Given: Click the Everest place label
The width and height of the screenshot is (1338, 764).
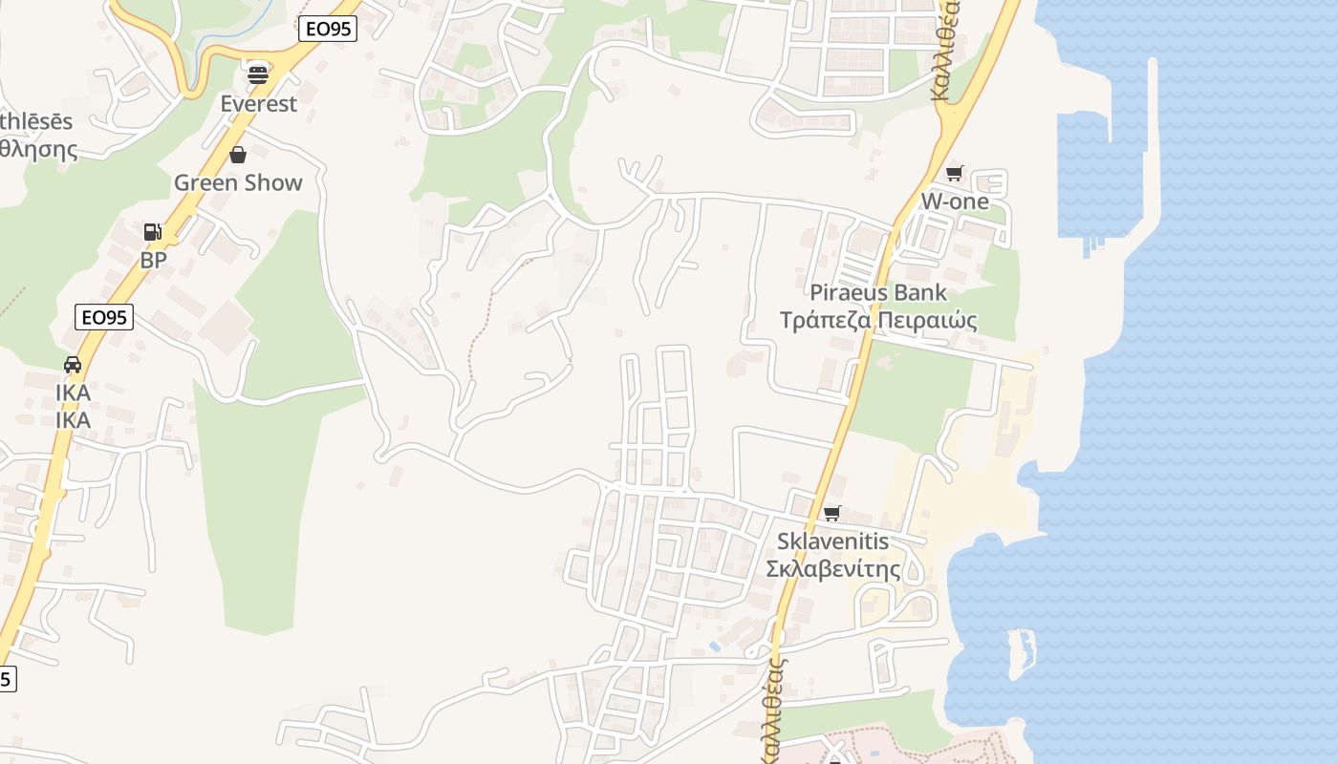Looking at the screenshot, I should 258,103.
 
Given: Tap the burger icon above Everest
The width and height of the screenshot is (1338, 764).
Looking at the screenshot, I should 258,74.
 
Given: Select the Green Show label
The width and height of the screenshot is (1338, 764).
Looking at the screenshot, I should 238,182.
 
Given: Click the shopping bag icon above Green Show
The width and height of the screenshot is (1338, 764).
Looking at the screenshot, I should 238,154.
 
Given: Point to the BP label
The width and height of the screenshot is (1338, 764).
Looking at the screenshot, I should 153,260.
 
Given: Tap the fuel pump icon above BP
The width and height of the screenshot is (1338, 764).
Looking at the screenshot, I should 152,231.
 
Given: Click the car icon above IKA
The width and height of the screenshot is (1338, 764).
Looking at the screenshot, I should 73,364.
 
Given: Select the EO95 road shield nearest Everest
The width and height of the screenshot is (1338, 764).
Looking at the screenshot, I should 328,29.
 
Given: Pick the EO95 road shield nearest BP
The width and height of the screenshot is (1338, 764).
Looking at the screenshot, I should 103,317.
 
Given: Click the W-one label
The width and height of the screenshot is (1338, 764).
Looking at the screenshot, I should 955,202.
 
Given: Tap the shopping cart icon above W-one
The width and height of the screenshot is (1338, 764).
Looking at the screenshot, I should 954,173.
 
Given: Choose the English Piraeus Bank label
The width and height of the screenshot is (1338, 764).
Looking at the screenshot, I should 878,292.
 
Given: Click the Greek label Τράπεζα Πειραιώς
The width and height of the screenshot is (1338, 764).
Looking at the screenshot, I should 878,320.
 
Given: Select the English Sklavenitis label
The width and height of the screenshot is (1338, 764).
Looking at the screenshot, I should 832,541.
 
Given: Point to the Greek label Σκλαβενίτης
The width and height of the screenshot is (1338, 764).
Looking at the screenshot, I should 833,569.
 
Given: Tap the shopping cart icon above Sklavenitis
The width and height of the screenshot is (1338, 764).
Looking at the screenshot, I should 832,513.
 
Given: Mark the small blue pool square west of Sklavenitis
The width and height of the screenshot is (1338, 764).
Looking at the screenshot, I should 716,647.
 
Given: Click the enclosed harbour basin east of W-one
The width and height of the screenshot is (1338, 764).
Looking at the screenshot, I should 1099,177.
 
